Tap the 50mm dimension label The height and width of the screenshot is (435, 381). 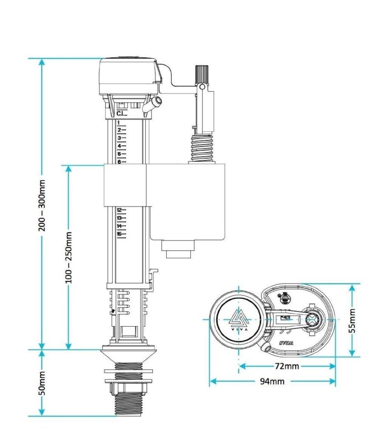coord(42,389)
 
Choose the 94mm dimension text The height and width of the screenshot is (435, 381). coord(272,381)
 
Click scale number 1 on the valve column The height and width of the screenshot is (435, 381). coord(119,122)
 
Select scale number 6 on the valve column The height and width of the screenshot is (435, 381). coord(119,162)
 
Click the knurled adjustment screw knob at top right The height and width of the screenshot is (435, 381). coord(201,74)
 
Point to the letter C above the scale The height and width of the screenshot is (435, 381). coord(119,113)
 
